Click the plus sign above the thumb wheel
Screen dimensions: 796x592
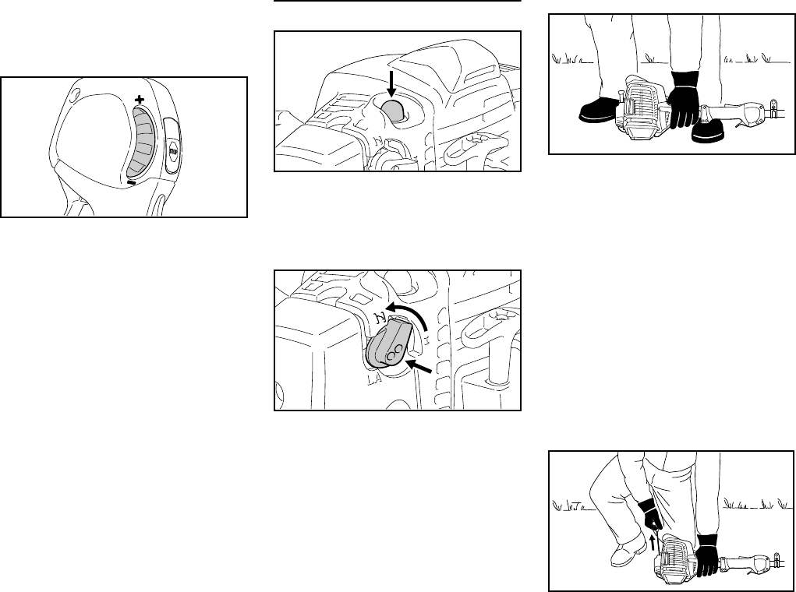(x=140, y=100)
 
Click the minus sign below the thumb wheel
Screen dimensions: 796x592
(x=132, y=182)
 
